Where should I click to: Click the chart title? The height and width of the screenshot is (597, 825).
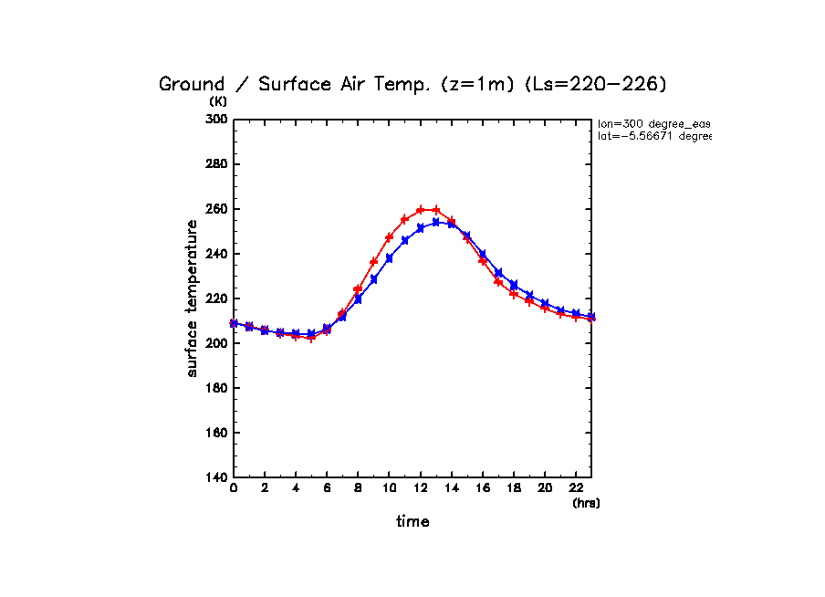[412, 84]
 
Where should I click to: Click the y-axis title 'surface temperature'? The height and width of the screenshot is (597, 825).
[193, 298]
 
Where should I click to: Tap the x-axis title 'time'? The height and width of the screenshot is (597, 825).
[412, 522]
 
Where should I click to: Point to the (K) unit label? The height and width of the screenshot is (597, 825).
[218, 101]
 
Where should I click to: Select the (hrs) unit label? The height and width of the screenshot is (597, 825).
[586, 502]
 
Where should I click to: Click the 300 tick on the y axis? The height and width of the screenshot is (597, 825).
[217, 120]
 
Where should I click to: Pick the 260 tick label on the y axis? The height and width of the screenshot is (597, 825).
[217, 209]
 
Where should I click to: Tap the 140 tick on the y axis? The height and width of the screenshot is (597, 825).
[217, 477]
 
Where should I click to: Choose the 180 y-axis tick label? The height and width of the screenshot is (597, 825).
[217, 388]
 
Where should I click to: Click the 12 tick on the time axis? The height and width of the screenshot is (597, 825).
[421, 489]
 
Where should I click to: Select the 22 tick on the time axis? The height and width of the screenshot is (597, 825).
[576, 489]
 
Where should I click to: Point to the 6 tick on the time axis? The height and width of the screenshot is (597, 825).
[327, 489]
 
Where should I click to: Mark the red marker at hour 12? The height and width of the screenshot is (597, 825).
[421, 210]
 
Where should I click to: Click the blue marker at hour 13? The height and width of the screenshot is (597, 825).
[436, 222]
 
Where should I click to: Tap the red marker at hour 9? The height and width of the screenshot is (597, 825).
[374, 262]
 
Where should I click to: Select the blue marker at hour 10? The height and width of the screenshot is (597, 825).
[390, 258]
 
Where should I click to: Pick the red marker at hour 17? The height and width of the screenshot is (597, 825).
[498, 281]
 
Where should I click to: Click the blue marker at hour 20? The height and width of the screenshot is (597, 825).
[545, 303]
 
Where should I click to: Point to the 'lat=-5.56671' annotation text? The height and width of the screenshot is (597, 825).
[653, 136]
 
